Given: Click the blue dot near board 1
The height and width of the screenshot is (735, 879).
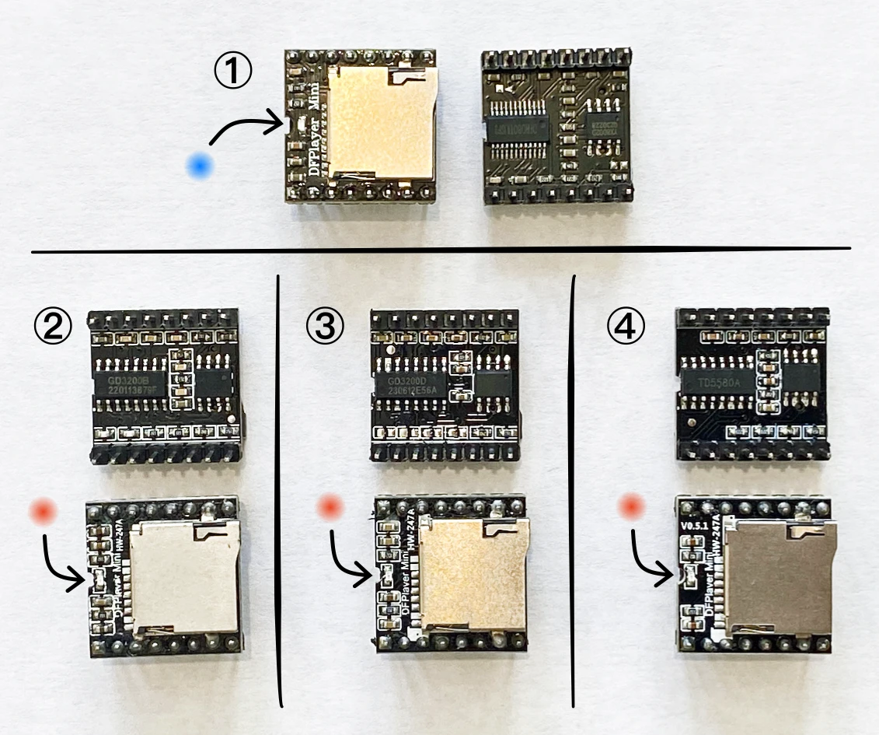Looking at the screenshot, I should [x=201, y=165].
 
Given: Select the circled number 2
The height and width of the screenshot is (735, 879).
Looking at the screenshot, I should [x=52, y=327].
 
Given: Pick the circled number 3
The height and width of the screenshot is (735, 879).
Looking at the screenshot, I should [x=323, y=327].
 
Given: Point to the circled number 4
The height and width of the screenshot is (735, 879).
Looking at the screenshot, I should [x=626, y=327].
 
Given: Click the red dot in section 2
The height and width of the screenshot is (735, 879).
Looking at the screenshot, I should [x=43, y=511].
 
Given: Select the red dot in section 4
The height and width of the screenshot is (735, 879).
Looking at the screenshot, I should [x=630, y=509].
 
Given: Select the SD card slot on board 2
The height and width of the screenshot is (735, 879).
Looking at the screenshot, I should [x=185, y=576].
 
